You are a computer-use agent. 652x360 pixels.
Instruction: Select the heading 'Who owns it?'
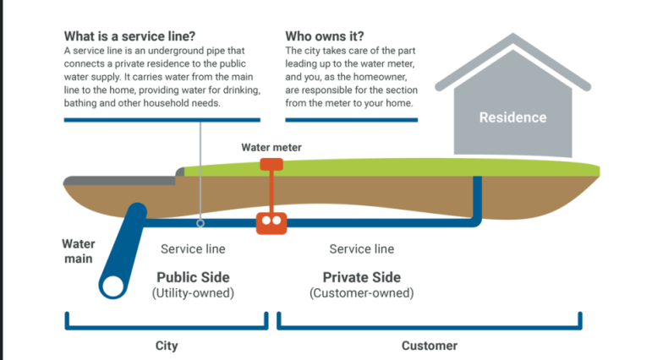click(x=325, y=36)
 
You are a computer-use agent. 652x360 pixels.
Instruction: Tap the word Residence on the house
click(x=512, y=117)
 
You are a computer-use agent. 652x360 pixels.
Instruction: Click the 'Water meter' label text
click(x=271, y=147)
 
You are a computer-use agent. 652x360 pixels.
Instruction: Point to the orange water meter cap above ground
click(x=271, y=165)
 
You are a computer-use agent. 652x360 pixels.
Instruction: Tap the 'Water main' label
click(x=78, y=251)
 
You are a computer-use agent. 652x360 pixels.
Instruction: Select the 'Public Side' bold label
click(x=193, y=277)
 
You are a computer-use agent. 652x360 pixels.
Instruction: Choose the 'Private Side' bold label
click(x=361, y=277)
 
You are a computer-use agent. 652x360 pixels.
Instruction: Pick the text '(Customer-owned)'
click(x=361, y=293)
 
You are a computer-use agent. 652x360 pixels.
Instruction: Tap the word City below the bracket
click(x=167, y=346)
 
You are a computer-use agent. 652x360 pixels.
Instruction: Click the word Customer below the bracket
click(x=429, y=346)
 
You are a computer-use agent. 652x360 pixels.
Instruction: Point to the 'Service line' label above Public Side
click(x=193, y=249)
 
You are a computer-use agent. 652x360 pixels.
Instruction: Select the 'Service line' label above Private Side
click(x=361, y=249)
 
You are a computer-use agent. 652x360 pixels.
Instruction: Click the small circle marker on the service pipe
click(x=200, y=224)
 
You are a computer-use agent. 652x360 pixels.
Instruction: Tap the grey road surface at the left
click(x=118, y=180)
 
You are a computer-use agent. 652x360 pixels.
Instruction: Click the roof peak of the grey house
click(x=511, y=38)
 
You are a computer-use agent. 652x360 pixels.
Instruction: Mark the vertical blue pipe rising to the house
click(x=478, y=199)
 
